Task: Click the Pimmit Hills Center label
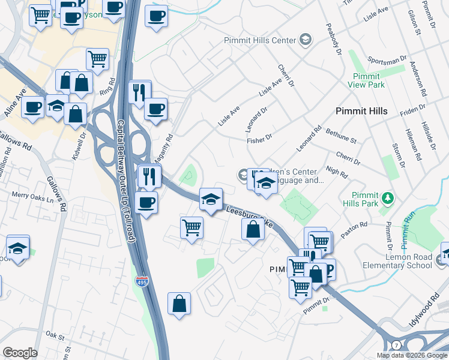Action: (260, 40)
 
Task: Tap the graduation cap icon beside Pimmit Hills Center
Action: (306, 40)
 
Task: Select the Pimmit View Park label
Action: (366, 80)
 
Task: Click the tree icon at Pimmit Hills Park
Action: (388, 197)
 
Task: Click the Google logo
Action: (20, 353)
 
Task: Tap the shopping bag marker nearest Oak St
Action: (179, 304)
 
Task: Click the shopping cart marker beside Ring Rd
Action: (97, 59)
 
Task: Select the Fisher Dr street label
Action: (260, 140)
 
